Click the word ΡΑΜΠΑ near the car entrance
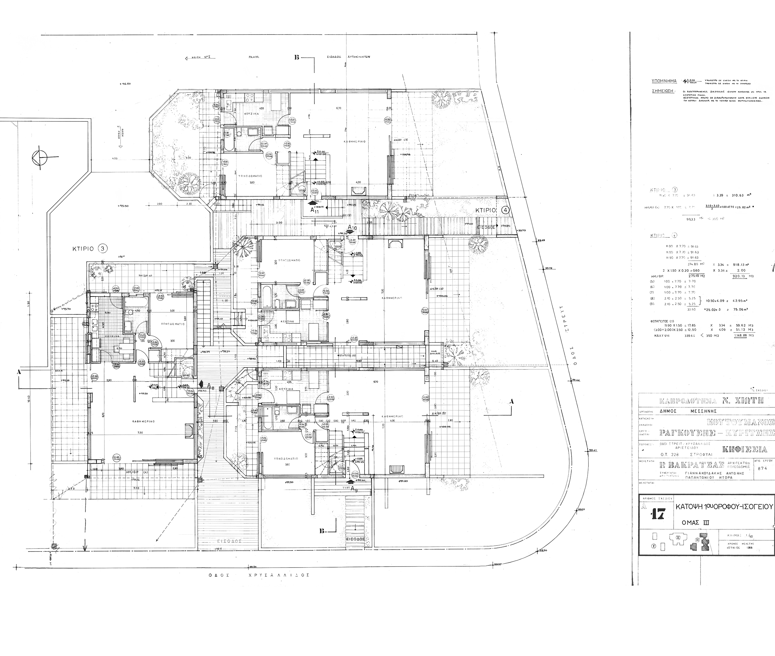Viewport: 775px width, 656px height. click(x=254, y=58)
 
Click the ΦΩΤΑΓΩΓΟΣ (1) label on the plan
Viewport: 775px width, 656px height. click(x=346, y=355)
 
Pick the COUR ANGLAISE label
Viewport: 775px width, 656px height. click(x=435, y=353)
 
